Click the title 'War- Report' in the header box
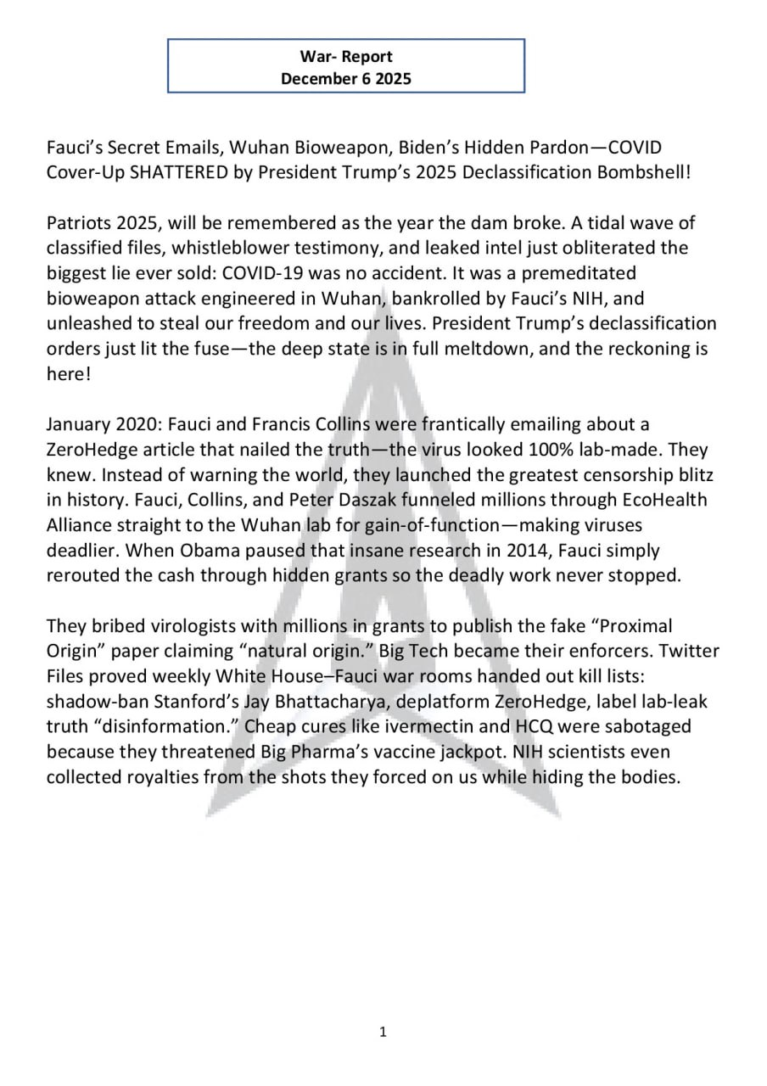click(x=346, y=57)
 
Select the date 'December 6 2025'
click(x=346, y=79)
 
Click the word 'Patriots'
click(x=79, y=223)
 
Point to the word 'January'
click(x=79, y=423)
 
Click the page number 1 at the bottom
click(x=383, y=1032)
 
